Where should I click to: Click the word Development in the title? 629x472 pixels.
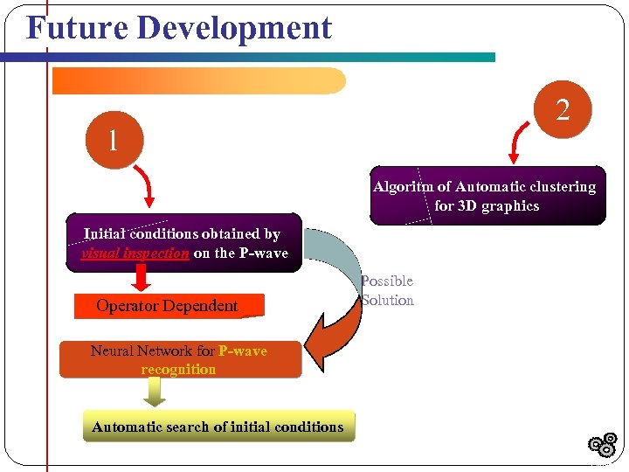point(234,28)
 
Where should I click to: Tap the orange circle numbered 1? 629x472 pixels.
point(113,141)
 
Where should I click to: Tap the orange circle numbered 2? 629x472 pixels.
point(563,110)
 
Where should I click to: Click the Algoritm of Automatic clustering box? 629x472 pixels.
point(487,196)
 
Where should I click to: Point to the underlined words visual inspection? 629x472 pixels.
point(135,253)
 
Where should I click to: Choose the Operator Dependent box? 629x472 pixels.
point(167,306)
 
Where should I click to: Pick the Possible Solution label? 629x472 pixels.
point(387,291)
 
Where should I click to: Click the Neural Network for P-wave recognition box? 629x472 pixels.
point(179,359)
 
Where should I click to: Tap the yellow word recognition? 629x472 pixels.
point(178,369)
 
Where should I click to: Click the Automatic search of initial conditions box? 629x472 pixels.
point(218,427)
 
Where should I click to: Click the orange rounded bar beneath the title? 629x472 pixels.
point(199,80)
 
